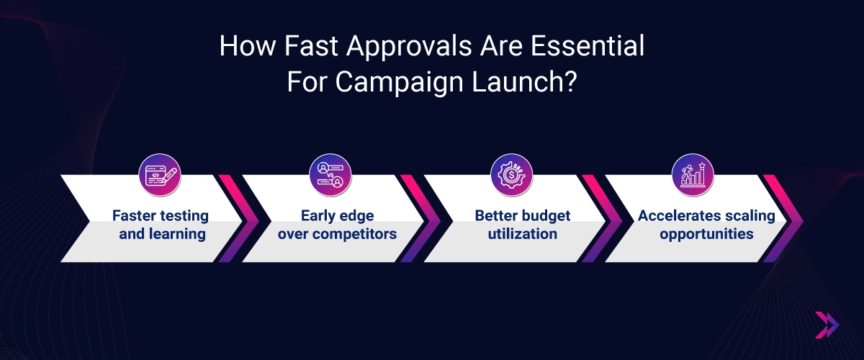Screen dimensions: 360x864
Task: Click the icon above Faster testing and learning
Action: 159,174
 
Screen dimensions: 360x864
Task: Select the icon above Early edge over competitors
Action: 329,174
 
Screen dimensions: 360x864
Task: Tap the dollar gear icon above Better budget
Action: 511,174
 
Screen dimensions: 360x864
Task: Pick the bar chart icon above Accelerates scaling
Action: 693,174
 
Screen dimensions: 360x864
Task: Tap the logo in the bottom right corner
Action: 827,325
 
